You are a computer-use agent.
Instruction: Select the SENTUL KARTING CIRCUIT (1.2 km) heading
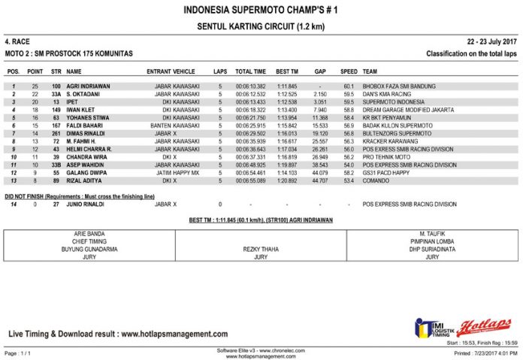[261, 26]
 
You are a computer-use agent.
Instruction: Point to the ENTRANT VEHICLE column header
[174, 71]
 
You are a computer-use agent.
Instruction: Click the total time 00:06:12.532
[250, 94]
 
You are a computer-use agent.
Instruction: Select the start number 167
[56, 125]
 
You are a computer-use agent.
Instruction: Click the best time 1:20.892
[287, 180]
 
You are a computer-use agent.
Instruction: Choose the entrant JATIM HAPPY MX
[177, 172]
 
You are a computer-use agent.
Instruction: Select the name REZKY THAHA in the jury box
[261, 249]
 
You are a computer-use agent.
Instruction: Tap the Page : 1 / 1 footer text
[18, 352]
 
